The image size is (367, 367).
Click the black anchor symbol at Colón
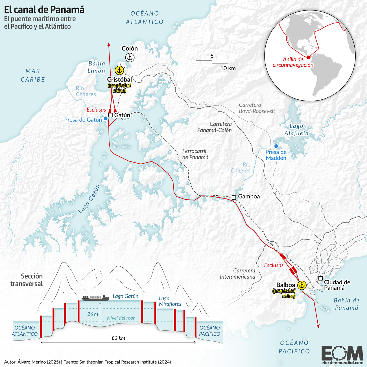tap(130, 58)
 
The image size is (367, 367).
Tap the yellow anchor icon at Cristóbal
tap(119, 70)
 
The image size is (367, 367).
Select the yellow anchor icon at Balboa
tap(302, 285)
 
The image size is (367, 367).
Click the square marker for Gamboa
tap(234, 197)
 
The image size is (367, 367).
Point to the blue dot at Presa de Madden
tap(276, 146)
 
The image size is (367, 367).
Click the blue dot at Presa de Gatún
tap(105, 118)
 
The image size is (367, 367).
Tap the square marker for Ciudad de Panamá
tap(320, 278)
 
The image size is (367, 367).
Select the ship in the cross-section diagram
tap(95, 298)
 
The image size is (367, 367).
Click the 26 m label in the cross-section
tap(92, 314)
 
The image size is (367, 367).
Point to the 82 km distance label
tap(118, 338)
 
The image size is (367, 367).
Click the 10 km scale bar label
tap(228, 68)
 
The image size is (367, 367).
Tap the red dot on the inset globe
tap(309, 57)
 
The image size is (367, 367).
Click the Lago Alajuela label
tap(296, 130)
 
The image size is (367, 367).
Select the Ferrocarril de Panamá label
tap(195, 154)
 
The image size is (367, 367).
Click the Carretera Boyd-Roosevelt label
tap(257, 108)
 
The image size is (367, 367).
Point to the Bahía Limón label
tap(96, 67)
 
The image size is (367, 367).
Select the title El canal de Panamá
tap(44, 10)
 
